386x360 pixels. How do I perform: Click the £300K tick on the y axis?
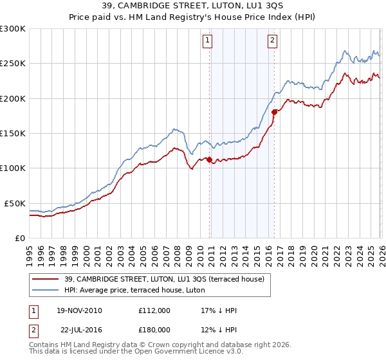(13, 29)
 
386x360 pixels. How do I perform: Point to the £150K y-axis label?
(13, 133)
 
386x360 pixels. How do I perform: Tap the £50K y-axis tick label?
(15, 203)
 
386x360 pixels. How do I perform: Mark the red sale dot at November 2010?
(209, 160)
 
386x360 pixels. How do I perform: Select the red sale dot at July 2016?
(274, 112)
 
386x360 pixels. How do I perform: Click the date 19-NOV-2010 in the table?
(78, 310)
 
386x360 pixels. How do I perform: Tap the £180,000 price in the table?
(154, 330)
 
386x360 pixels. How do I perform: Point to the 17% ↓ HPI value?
(219, 310)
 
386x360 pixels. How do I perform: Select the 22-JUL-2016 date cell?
(78, 330)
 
